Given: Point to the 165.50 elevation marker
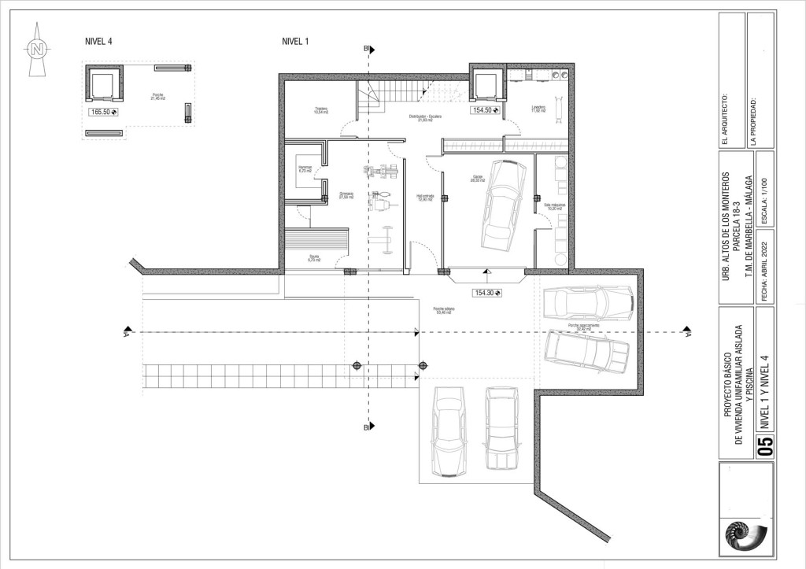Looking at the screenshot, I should [104, 113].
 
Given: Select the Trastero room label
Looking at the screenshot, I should [320, 110].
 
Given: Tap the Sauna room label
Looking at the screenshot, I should [314, 257].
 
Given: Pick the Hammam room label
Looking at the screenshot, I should [305, 168].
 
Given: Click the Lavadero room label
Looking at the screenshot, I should [538, 109].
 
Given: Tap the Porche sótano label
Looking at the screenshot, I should [445, 311].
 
